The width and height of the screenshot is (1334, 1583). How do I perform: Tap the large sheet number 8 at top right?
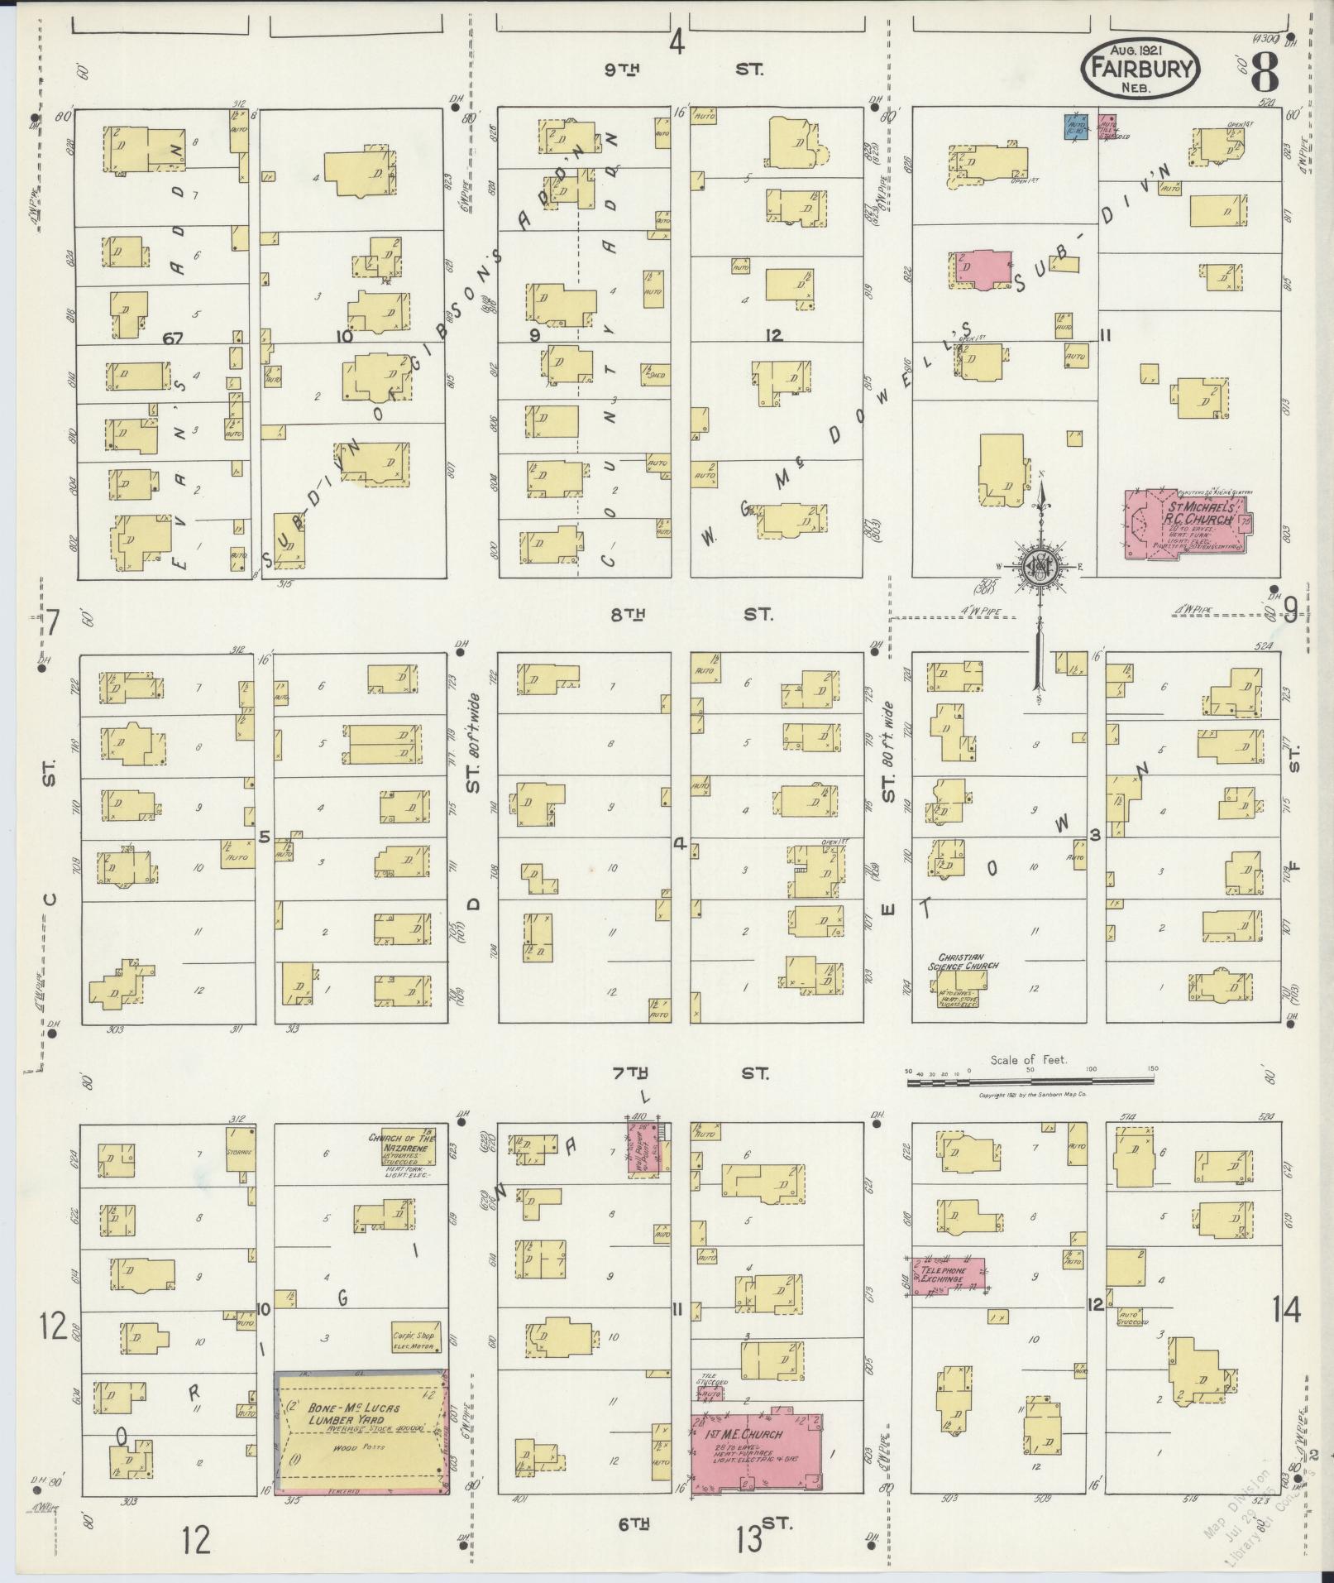click(1264, 71)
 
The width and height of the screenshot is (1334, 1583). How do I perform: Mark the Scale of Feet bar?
click(1030, 1081)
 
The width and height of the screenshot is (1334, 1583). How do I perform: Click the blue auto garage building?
click(1074, 127)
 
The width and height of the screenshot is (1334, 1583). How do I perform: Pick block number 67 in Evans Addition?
click(172, 338)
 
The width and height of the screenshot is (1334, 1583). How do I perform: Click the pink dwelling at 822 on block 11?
click(983, 270)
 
